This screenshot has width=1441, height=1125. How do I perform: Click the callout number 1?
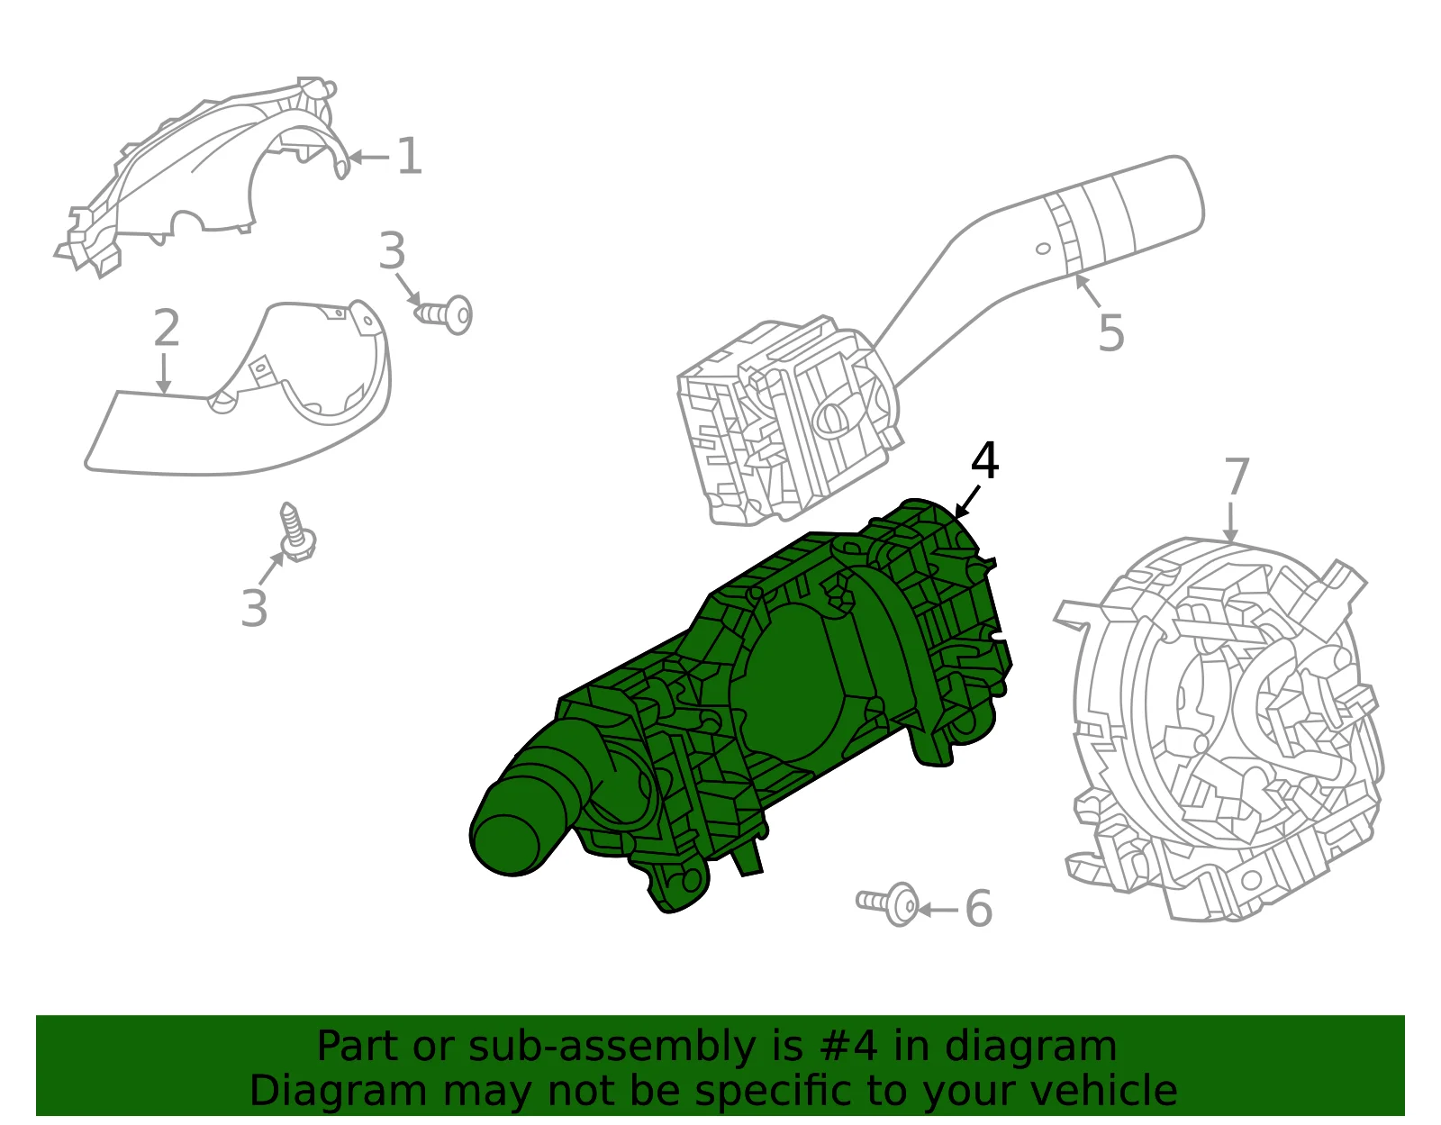pyautogui.click(x=410, y=157)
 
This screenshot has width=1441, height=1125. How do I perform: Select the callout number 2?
pyautogui.click(x=167, y=328)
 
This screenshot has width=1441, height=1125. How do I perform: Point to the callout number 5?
pyautogui.click(x=1111, y=332)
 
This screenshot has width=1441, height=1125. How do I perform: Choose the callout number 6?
pyautogui.click(x=979, y=909)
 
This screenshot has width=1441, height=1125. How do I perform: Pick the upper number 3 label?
pyautogui.click(x=392, y=250)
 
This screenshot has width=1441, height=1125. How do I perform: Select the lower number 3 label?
pyautogui.click(x=254, y=607)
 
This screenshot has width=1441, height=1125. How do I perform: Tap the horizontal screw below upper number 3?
pyautogui.click(x=444, y=314)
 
